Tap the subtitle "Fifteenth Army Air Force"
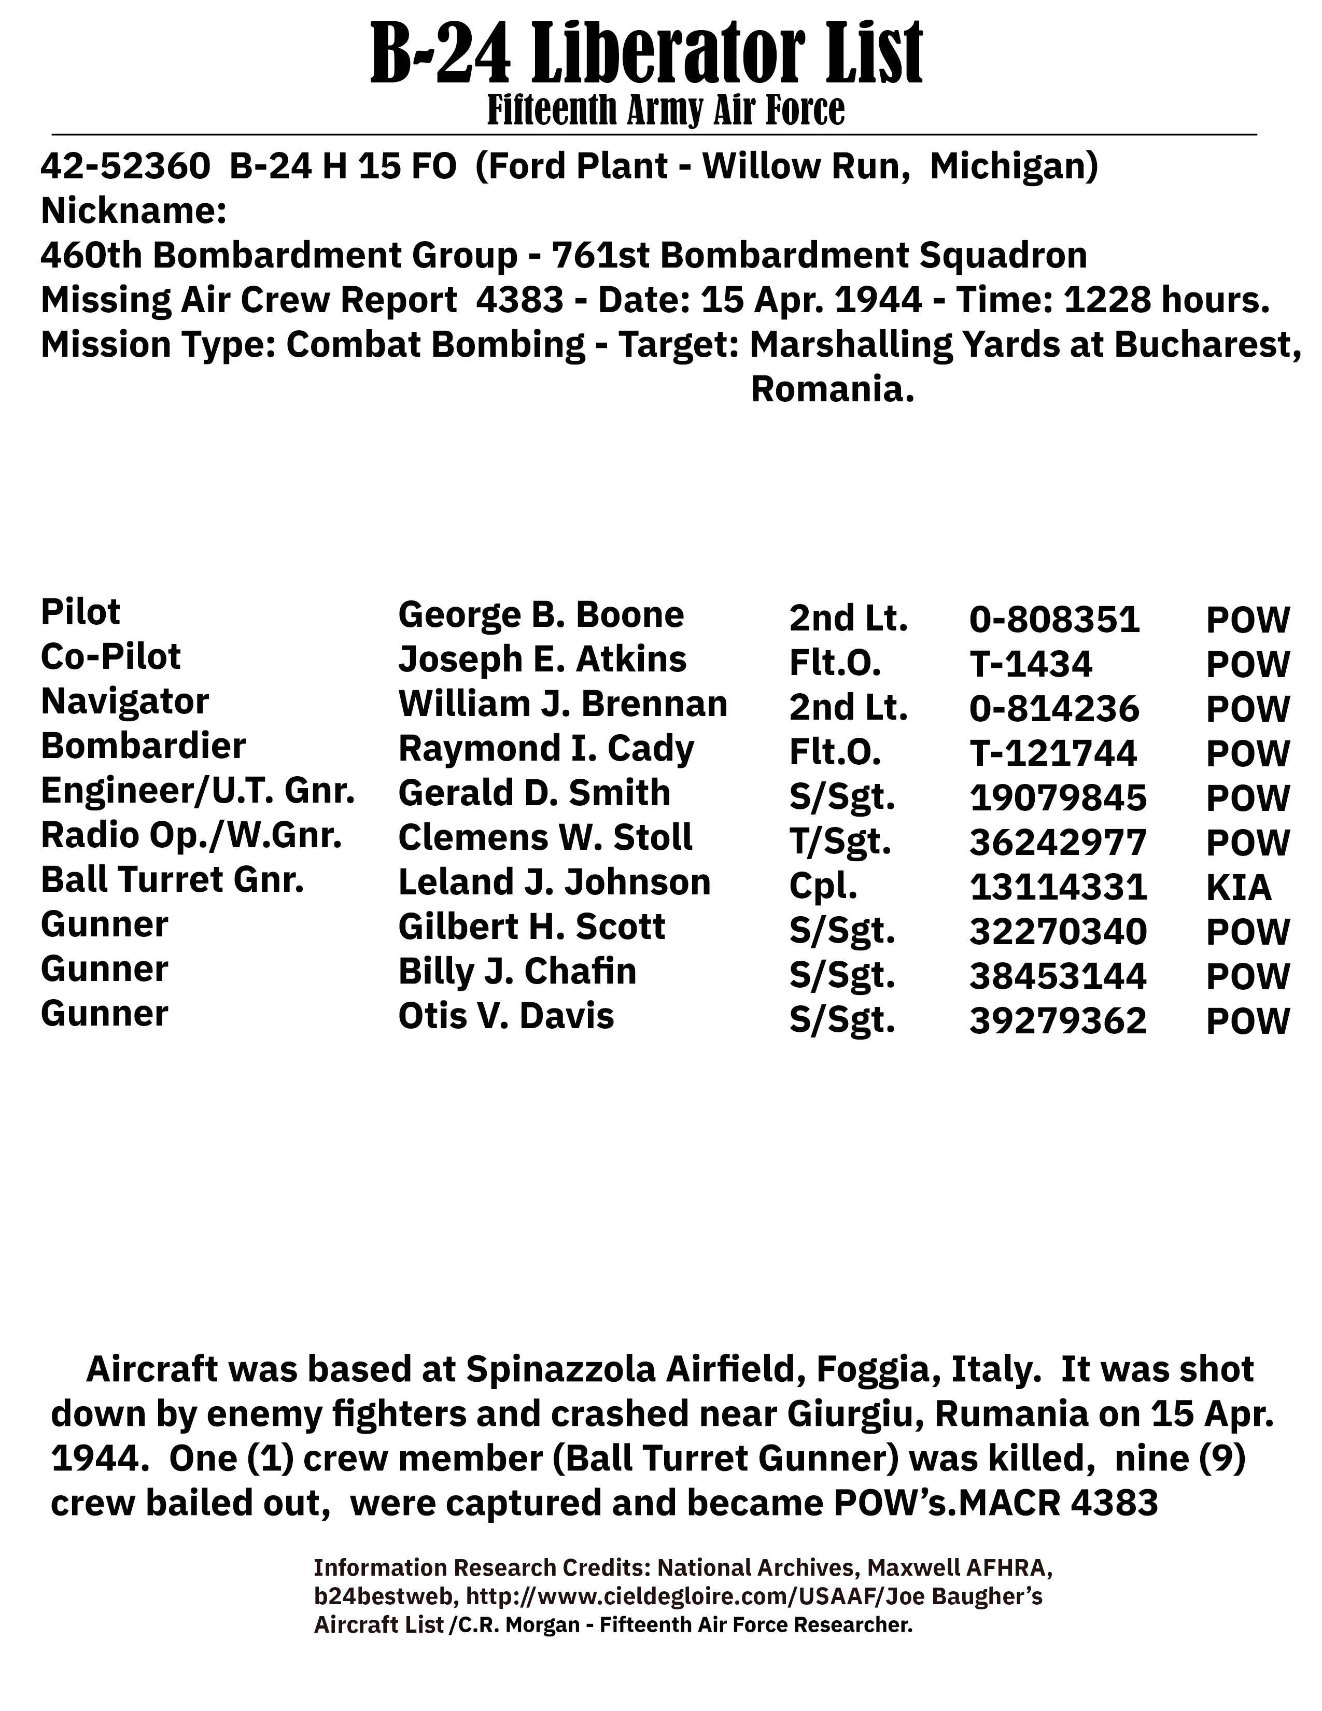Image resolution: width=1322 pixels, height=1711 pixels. coord(666,110)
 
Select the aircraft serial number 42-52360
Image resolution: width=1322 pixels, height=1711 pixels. coord(125,167)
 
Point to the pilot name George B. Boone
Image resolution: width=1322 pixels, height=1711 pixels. coord(540,615)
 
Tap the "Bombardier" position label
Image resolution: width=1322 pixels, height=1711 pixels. coord(143,746)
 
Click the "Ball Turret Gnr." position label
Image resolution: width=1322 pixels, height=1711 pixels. coord(172,880)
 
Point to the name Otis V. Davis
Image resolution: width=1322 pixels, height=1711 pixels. coord(506,1016)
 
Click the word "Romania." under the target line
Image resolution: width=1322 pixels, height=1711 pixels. coord(833,389)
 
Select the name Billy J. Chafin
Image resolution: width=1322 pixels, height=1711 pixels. coord(517,972)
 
